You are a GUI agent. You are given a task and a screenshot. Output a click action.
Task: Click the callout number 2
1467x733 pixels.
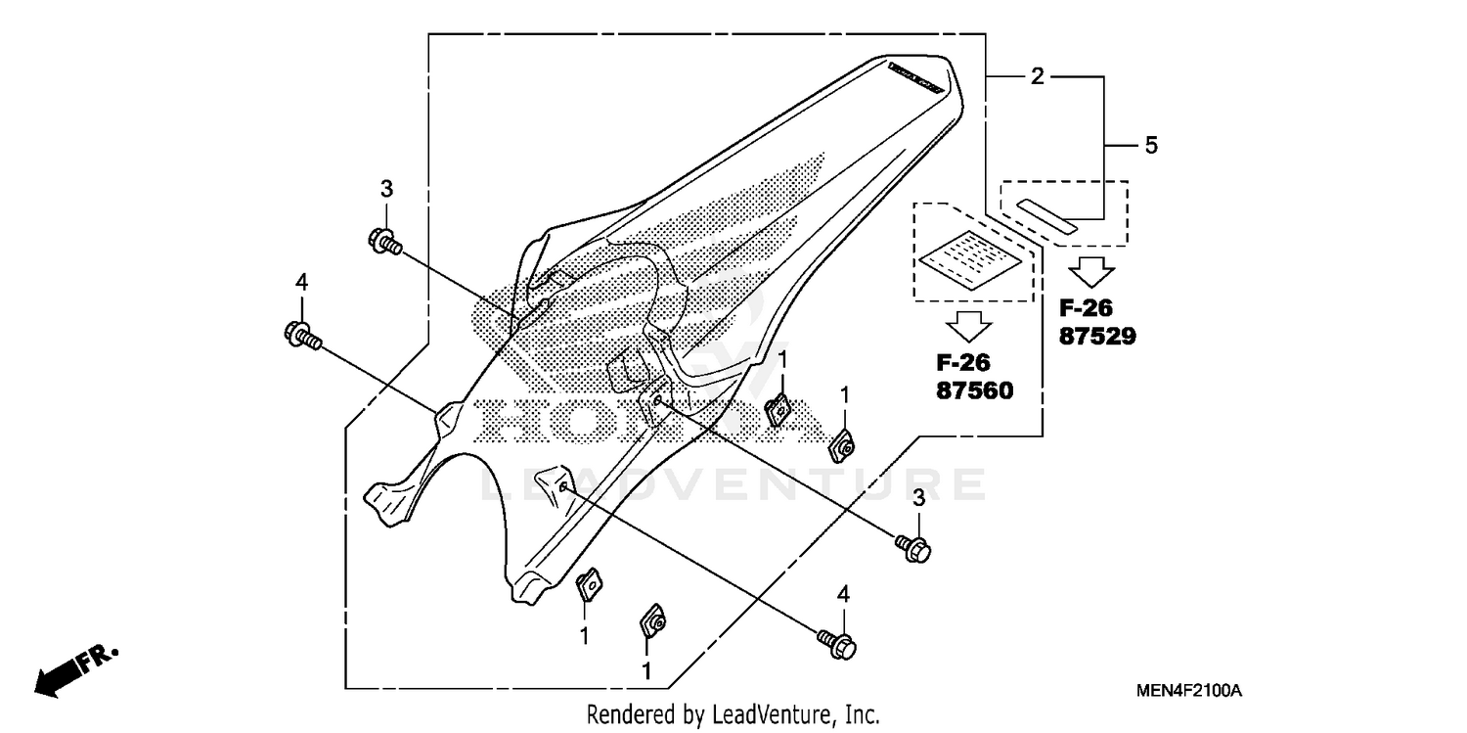1037,76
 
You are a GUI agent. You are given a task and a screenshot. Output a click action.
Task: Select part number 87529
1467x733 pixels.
1097,336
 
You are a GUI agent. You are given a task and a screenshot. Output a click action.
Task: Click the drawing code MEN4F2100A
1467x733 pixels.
1188,691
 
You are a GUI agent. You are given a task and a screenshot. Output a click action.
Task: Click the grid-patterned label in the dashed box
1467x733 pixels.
972,258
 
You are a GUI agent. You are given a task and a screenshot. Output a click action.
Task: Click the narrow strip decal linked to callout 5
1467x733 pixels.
1045,214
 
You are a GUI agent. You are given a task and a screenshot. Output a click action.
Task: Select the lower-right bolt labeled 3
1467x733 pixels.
914,548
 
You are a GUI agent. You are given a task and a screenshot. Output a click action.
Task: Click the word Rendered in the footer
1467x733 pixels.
626,714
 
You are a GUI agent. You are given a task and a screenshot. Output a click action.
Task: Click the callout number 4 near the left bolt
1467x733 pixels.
301,282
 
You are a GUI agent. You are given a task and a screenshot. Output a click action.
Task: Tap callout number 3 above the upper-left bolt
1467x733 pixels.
385,188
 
